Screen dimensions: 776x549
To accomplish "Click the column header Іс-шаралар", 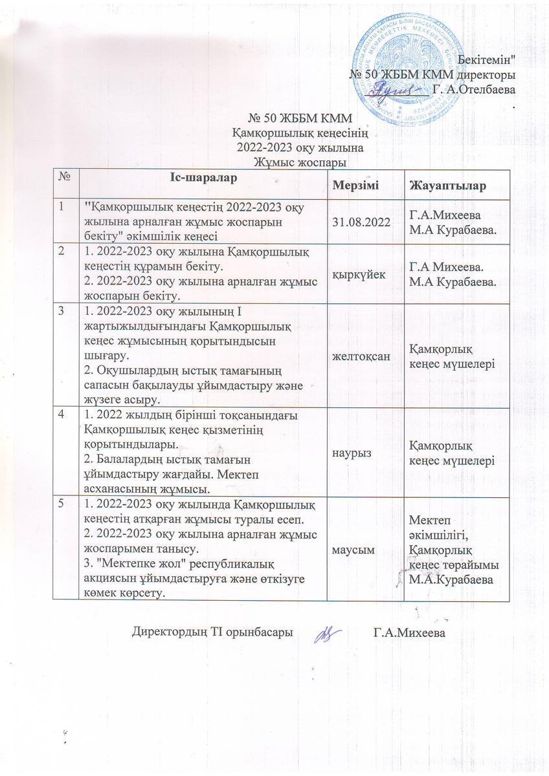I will coord(205,177).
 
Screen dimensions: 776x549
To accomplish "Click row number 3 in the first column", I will coord(62,311).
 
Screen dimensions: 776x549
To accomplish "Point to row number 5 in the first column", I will coord(62,502).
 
